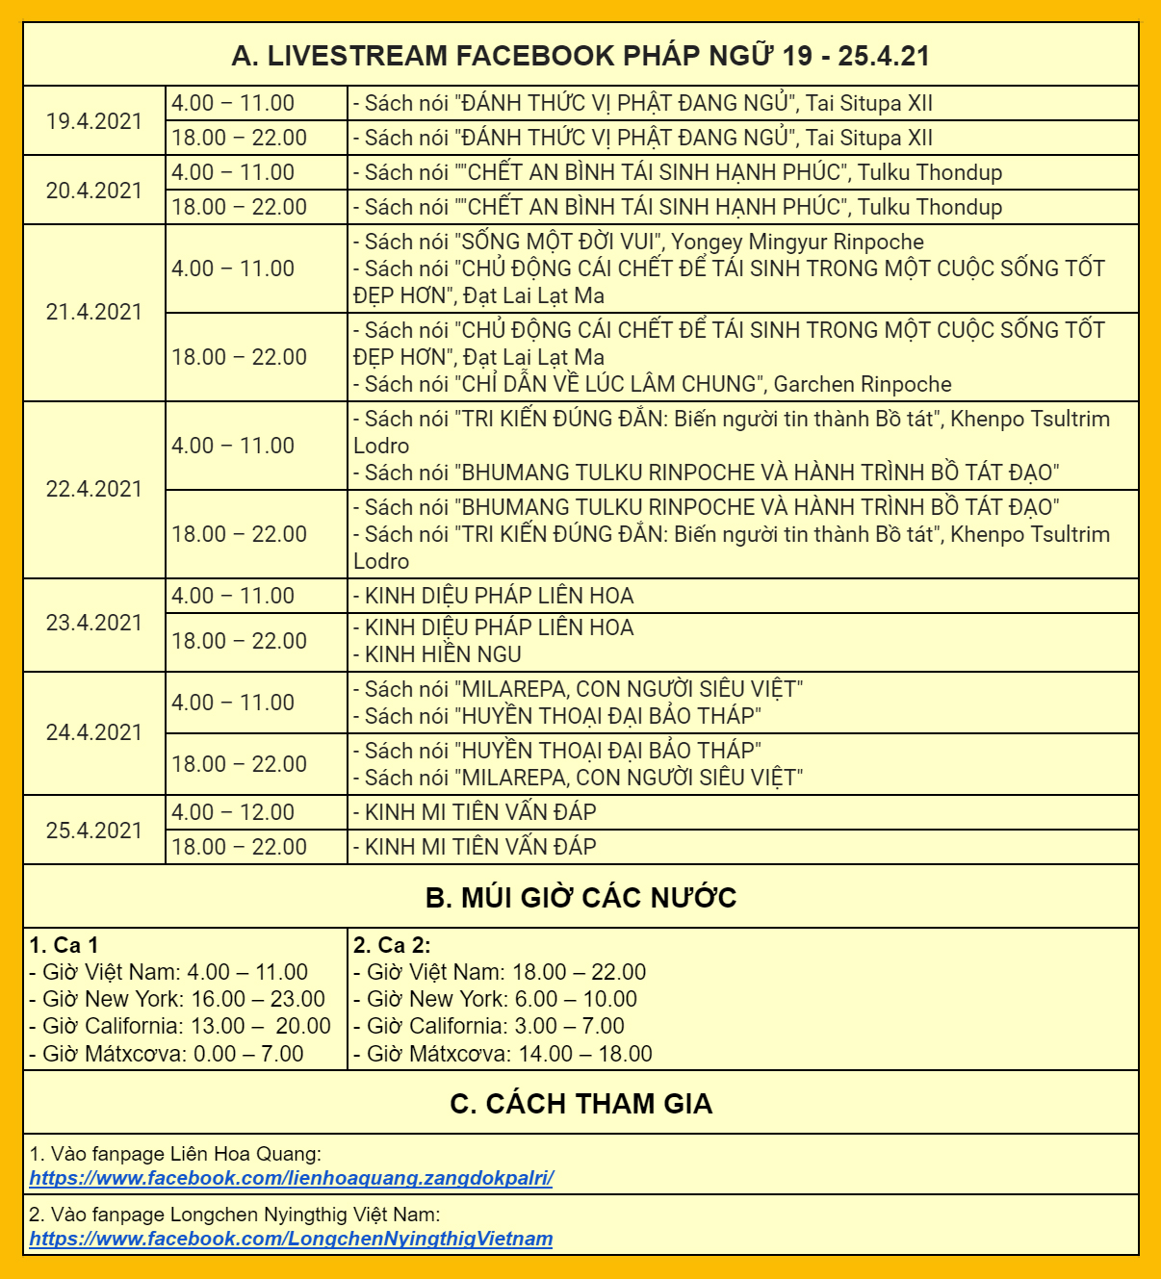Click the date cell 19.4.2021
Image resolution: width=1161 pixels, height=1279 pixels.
tap(94, 121)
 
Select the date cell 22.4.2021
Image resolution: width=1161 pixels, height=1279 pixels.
tap(94, 489)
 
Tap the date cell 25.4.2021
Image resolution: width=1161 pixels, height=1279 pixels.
tap(94, 831)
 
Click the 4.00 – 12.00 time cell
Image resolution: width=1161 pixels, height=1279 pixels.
tap(233, 812)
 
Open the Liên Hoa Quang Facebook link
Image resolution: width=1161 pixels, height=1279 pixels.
tap(291, 1178)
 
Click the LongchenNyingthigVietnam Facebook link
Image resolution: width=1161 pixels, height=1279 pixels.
tap(291, 1239)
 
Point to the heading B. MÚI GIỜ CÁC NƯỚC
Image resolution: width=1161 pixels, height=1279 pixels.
tap(580, 898)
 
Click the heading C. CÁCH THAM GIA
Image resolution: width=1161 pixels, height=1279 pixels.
tap(580, 1104)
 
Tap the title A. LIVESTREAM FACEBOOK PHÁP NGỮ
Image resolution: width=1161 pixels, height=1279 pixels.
tap(580, 56)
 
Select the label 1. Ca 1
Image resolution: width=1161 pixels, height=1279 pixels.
tap(64, 945)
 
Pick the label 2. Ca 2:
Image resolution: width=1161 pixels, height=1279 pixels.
tap(392, 945)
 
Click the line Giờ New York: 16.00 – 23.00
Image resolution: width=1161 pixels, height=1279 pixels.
tap(178, 999)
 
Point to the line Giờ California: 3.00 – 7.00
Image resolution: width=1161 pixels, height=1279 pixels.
tap(490, 1026)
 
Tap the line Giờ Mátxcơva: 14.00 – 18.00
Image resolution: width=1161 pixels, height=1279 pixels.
tap(503, 1054)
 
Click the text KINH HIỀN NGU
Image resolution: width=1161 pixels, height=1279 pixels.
tap(443, 654)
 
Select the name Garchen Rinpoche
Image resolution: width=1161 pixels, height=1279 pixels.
tap(863, 384)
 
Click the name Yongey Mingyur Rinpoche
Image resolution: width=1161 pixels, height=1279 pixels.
tap(797, 242)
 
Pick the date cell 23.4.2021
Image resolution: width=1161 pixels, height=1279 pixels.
tap(94, 623)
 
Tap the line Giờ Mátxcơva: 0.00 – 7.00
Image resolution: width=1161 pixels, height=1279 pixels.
tap(168, 1054)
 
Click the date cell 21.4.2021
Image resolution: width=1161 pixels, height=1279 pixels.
tap(94, 312)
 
